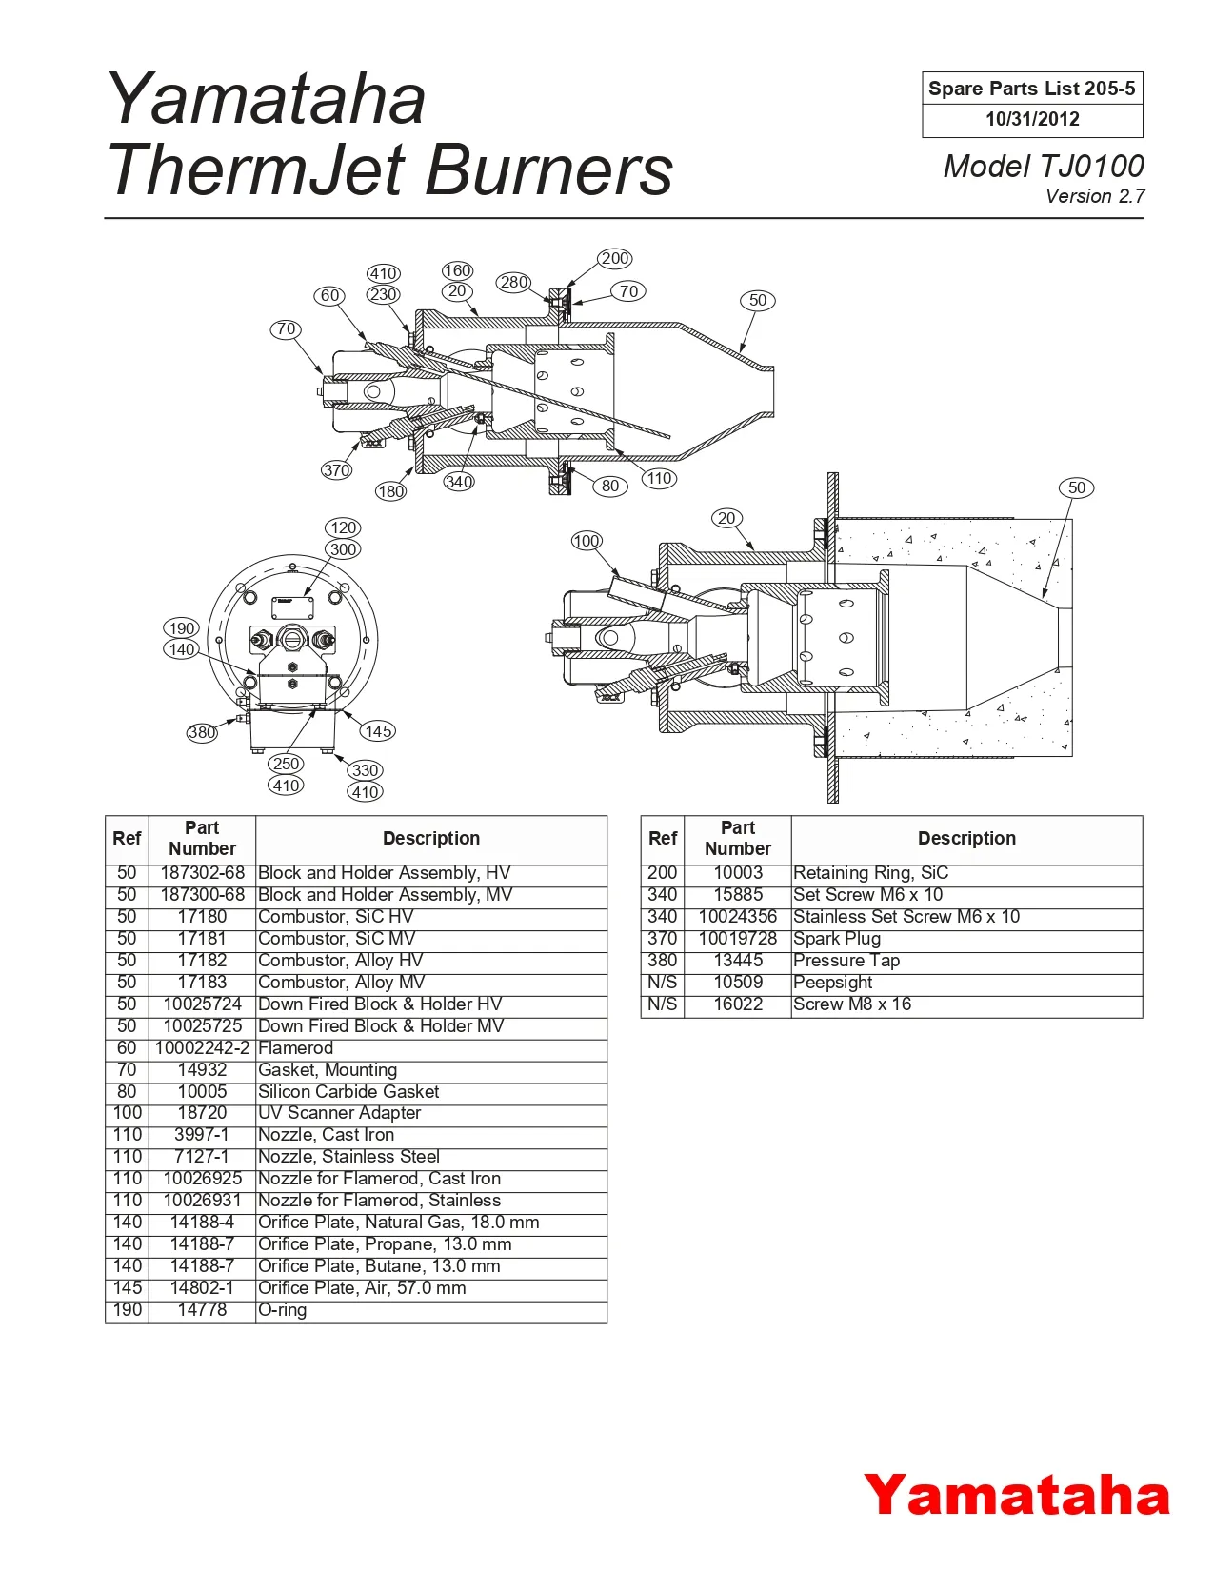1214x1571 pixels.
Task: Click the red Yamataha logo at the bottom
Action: point(1016,1494)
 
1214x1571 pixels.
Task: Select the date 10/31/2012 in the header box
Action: point(1032,120)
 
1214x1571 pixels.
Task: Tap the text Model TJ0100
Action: point(1043,166)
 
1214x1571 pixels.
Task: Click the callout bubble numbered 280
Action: point(513,282)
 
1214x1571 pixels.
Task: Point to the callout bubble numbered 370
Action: point(336,469)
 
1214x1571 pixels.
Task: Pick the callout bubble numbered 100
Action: point(587,541)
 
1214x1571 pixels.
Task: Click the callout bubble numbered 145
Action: point(377,731)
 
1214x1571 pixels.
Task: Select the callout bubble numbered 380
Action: point(202,732)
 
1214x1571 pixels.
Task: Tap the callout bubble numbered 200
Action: point(615,258)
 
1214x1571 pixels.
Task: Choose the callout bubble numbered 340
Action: point(458,482)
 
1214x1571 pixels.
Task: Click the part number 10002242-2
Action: point(202,1048)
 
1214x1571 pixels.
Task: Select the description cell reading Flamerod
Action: point(296,1048)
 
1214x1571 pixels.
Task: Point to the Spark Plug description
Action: point(837,939)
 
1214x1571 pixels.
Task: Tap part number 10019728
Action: point(738,939)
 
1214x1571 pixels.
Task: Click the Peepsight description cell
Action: point(833,983)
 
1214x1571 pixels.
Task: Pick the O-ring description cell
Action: point(283,1310)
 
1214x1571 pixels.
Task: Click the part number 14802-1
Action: point(202,1288)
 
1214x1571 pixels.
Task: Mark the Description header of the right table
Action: point(966,839)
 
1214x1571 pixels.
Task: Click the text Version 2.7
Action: point(1095,197)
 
